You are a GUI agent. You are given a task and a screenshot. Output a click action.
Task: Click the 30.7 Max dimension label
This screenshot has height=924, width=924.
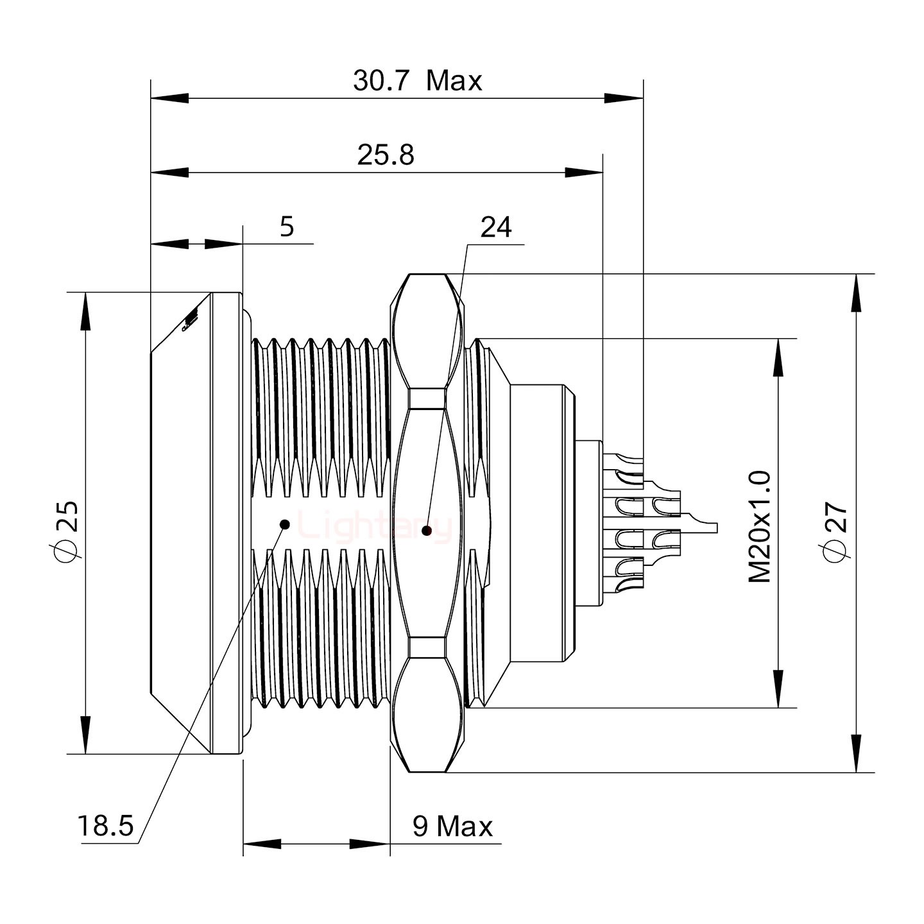[417, 81]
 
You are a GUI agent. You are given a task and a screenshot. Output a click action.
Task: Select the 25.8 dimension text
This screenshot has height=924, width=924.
[386, 155]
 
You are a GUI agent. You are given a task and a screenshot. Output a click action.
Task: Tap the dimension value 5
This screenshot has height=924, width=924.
[287, 227]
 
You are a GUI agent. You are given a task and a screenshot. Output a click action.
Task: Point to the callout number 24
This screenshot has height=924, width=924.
[496, 227]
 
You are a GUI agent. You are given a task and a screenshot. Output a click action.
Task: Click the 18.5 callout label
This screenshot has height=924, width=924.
[105, 826]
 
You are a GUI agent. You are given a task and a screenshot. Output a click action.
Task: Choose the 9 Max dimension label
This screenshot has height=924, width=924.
[452, 826]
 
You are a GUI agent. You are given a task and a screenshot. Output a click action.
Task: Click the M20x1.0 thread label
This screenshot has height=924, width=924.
[760, 527]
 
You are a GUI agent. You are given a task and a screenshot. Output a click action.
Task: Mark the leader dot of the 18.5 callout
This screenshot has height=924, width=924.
[285, 524]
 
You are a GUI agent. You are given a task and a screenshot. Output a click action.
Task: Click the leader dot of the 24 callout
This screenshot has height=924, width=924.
[425, 531]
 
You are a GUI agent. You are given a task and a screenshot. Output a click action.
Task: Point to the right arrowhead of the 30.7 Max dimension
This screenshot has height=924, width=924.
[624, 98]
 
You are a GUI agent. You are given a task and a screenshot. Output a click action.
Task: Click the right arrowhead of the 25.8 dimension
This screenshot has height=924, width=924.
[585, 172]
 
